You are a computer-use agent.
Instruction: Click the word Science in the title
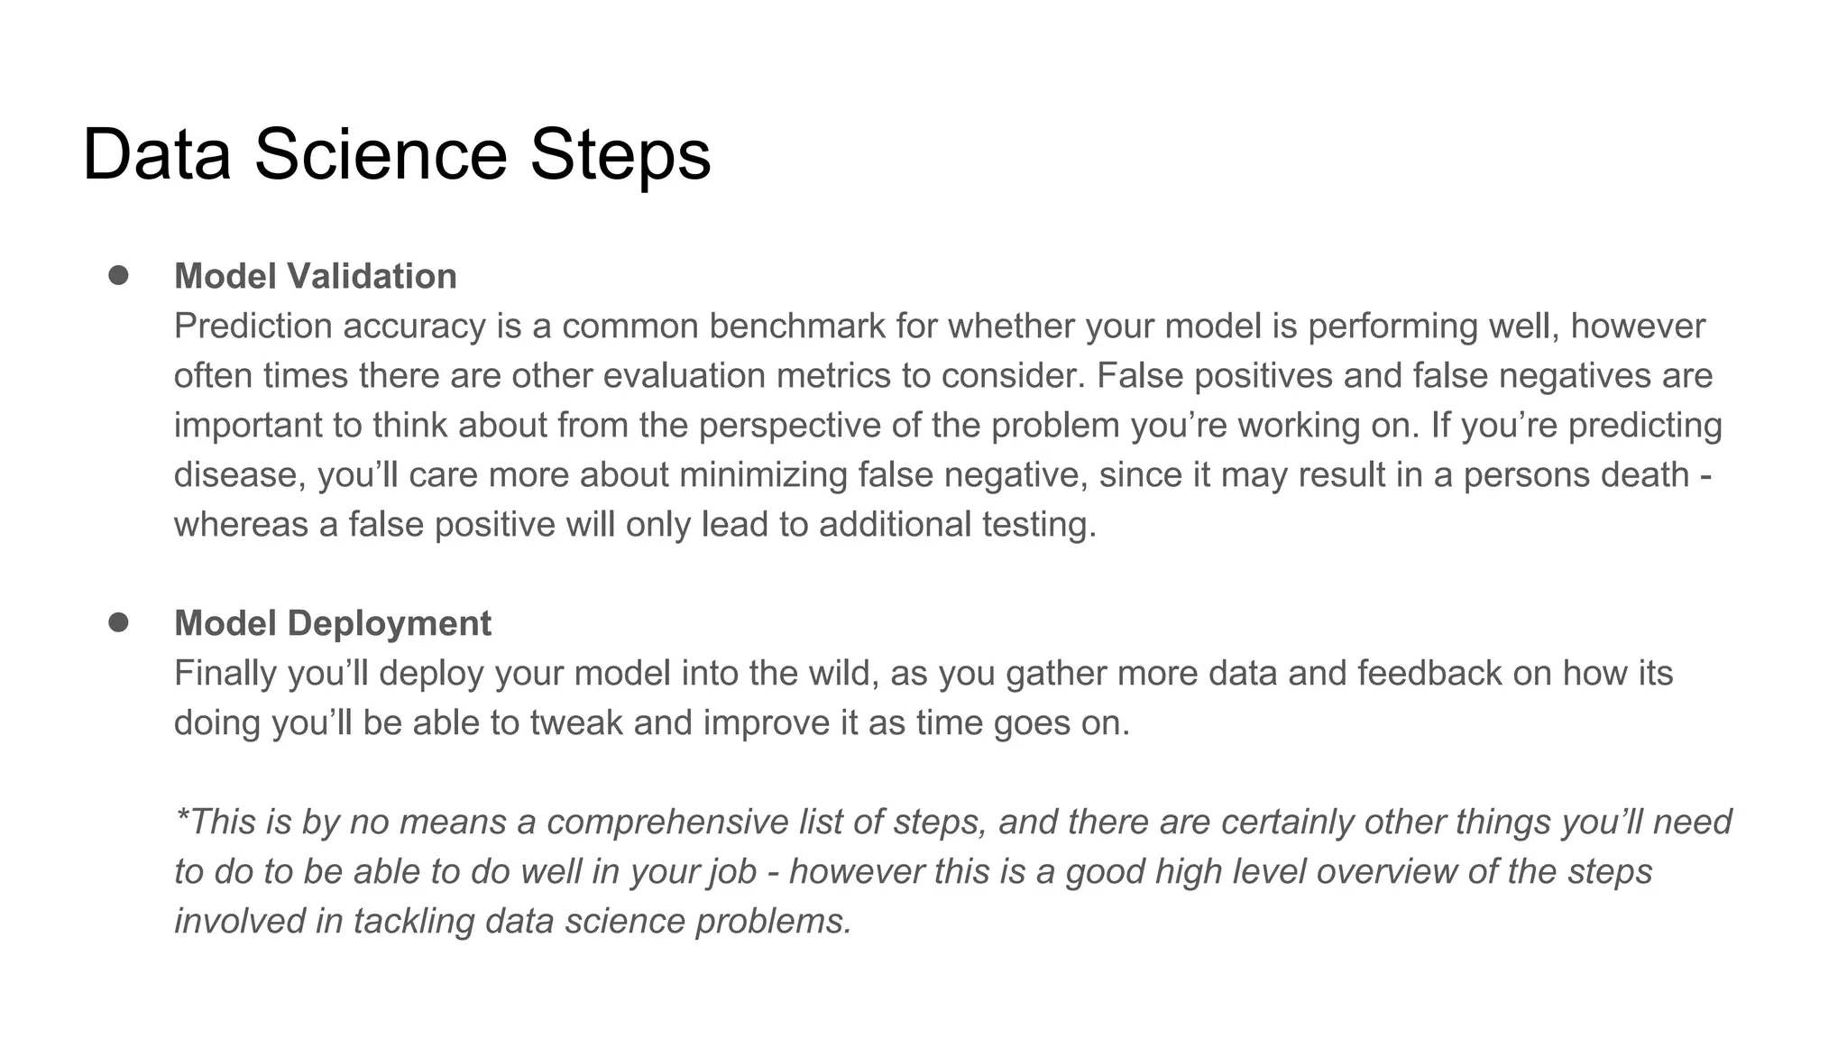pyautogui.click(x=381, y=155)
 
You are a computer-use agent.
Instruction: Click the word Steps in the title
pyautogui.click(x=620, y=155)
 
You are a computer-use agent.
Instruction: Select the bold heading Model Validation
pyautogui.click(x=315, y=276)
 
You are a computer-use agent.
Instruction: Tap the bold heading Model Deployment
pyautogui.click(x=332, y=623)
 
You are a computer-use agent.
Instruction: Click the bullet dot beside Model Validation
pyautogui.click(x=118, y=274)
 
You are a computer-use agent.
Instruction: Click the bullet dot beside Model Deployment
pyautogui.click(x=118, y=621)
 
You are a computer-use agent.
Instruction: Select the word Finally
pyautogui.click(x=225, y=674)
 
